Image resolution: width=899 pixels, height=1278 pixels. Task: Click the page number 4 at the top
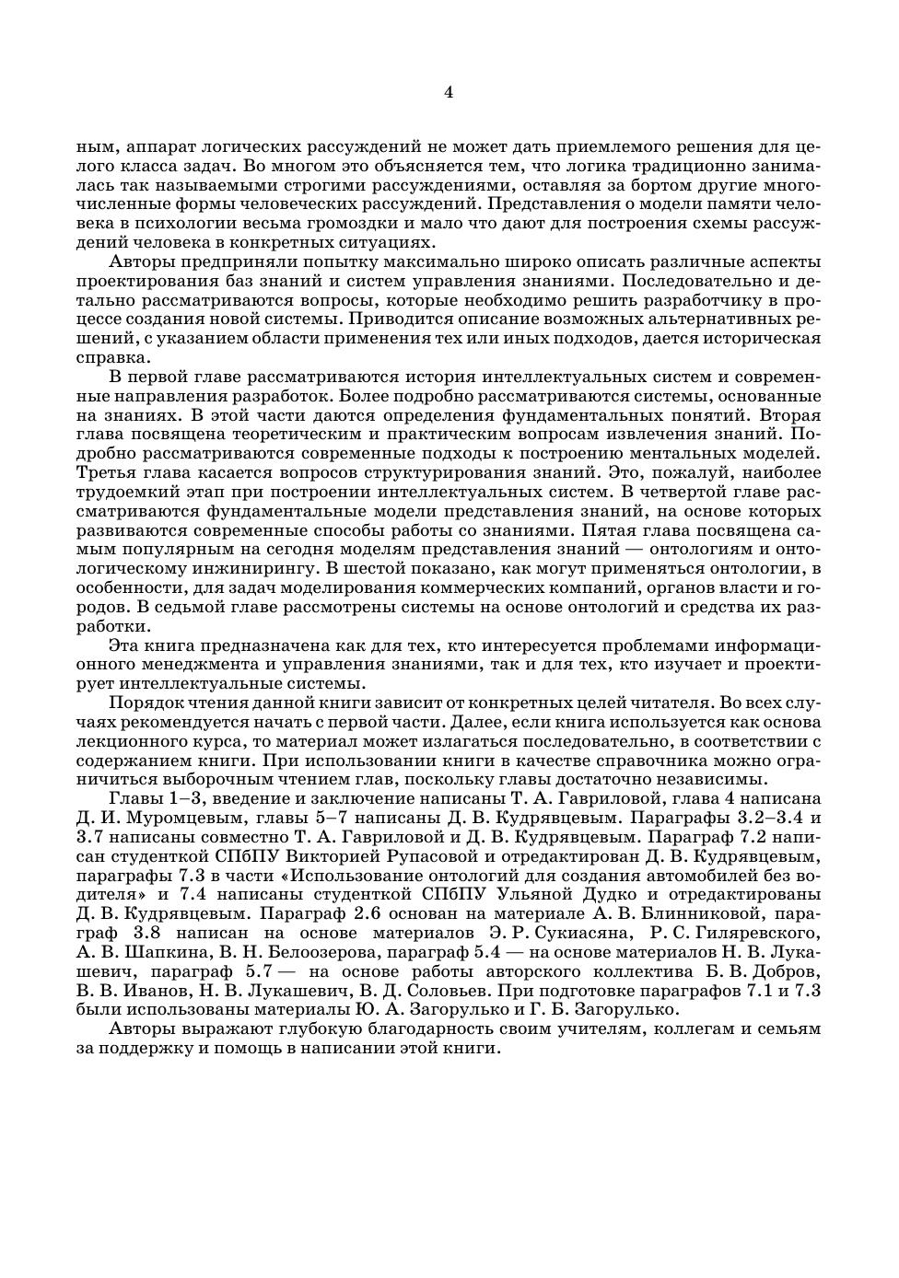click(449, 92)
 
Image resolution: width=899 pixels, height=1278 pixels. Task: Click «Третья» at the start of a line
click(104, 472)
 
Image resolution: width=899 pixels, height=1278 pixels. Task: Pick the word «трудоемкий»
click(123, 492)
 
